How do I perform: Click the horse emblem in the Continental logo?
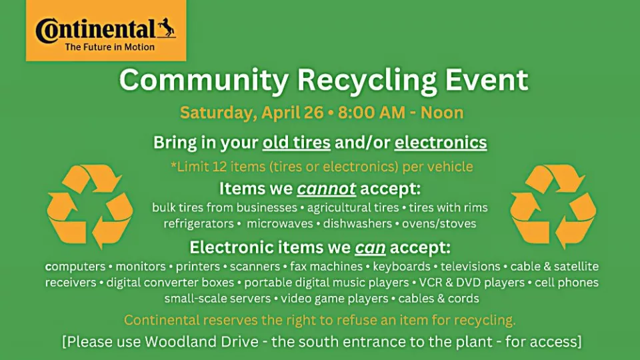pyautogui.click(x=167, y=28)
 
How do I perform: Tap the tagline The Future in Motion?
pyautogui.click(x=110, y=47)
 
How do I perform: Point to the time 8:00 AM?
pyautogui.click(x=371, y=113)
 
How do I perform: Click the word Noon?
pyautogui.click(x=442, y=113)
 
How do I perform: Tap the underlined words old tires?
pyautogui.click(x=296, y=143)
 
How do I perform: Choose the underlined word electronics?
pyautogui.click(x=441, y=143)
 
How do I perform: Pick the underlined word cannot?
pyautogui.click(x=327, y=189)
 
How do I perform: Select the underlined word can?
pyautogui.click(x=370, y=247)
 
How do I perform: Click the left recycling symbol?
pyautogui.click(x=90, y=206)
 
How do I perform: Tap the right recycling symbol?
pyautogui.click(x=553, y=206)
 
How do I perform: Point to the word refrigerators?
pyautogui.click(x=199, y=224)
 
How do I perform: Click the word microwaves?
pyautogui.click(x=280, y=224)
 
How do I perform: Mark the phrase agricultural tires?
pyautogui.click(x=353, y=208)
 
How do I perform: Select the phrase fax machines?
pyautogui.click(x=326, y=267)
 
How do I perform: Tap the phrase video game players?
pyautogui.click(x=334, y=299)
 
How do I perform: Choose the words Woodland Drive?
pyautogui.click(x=201, y=341)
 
